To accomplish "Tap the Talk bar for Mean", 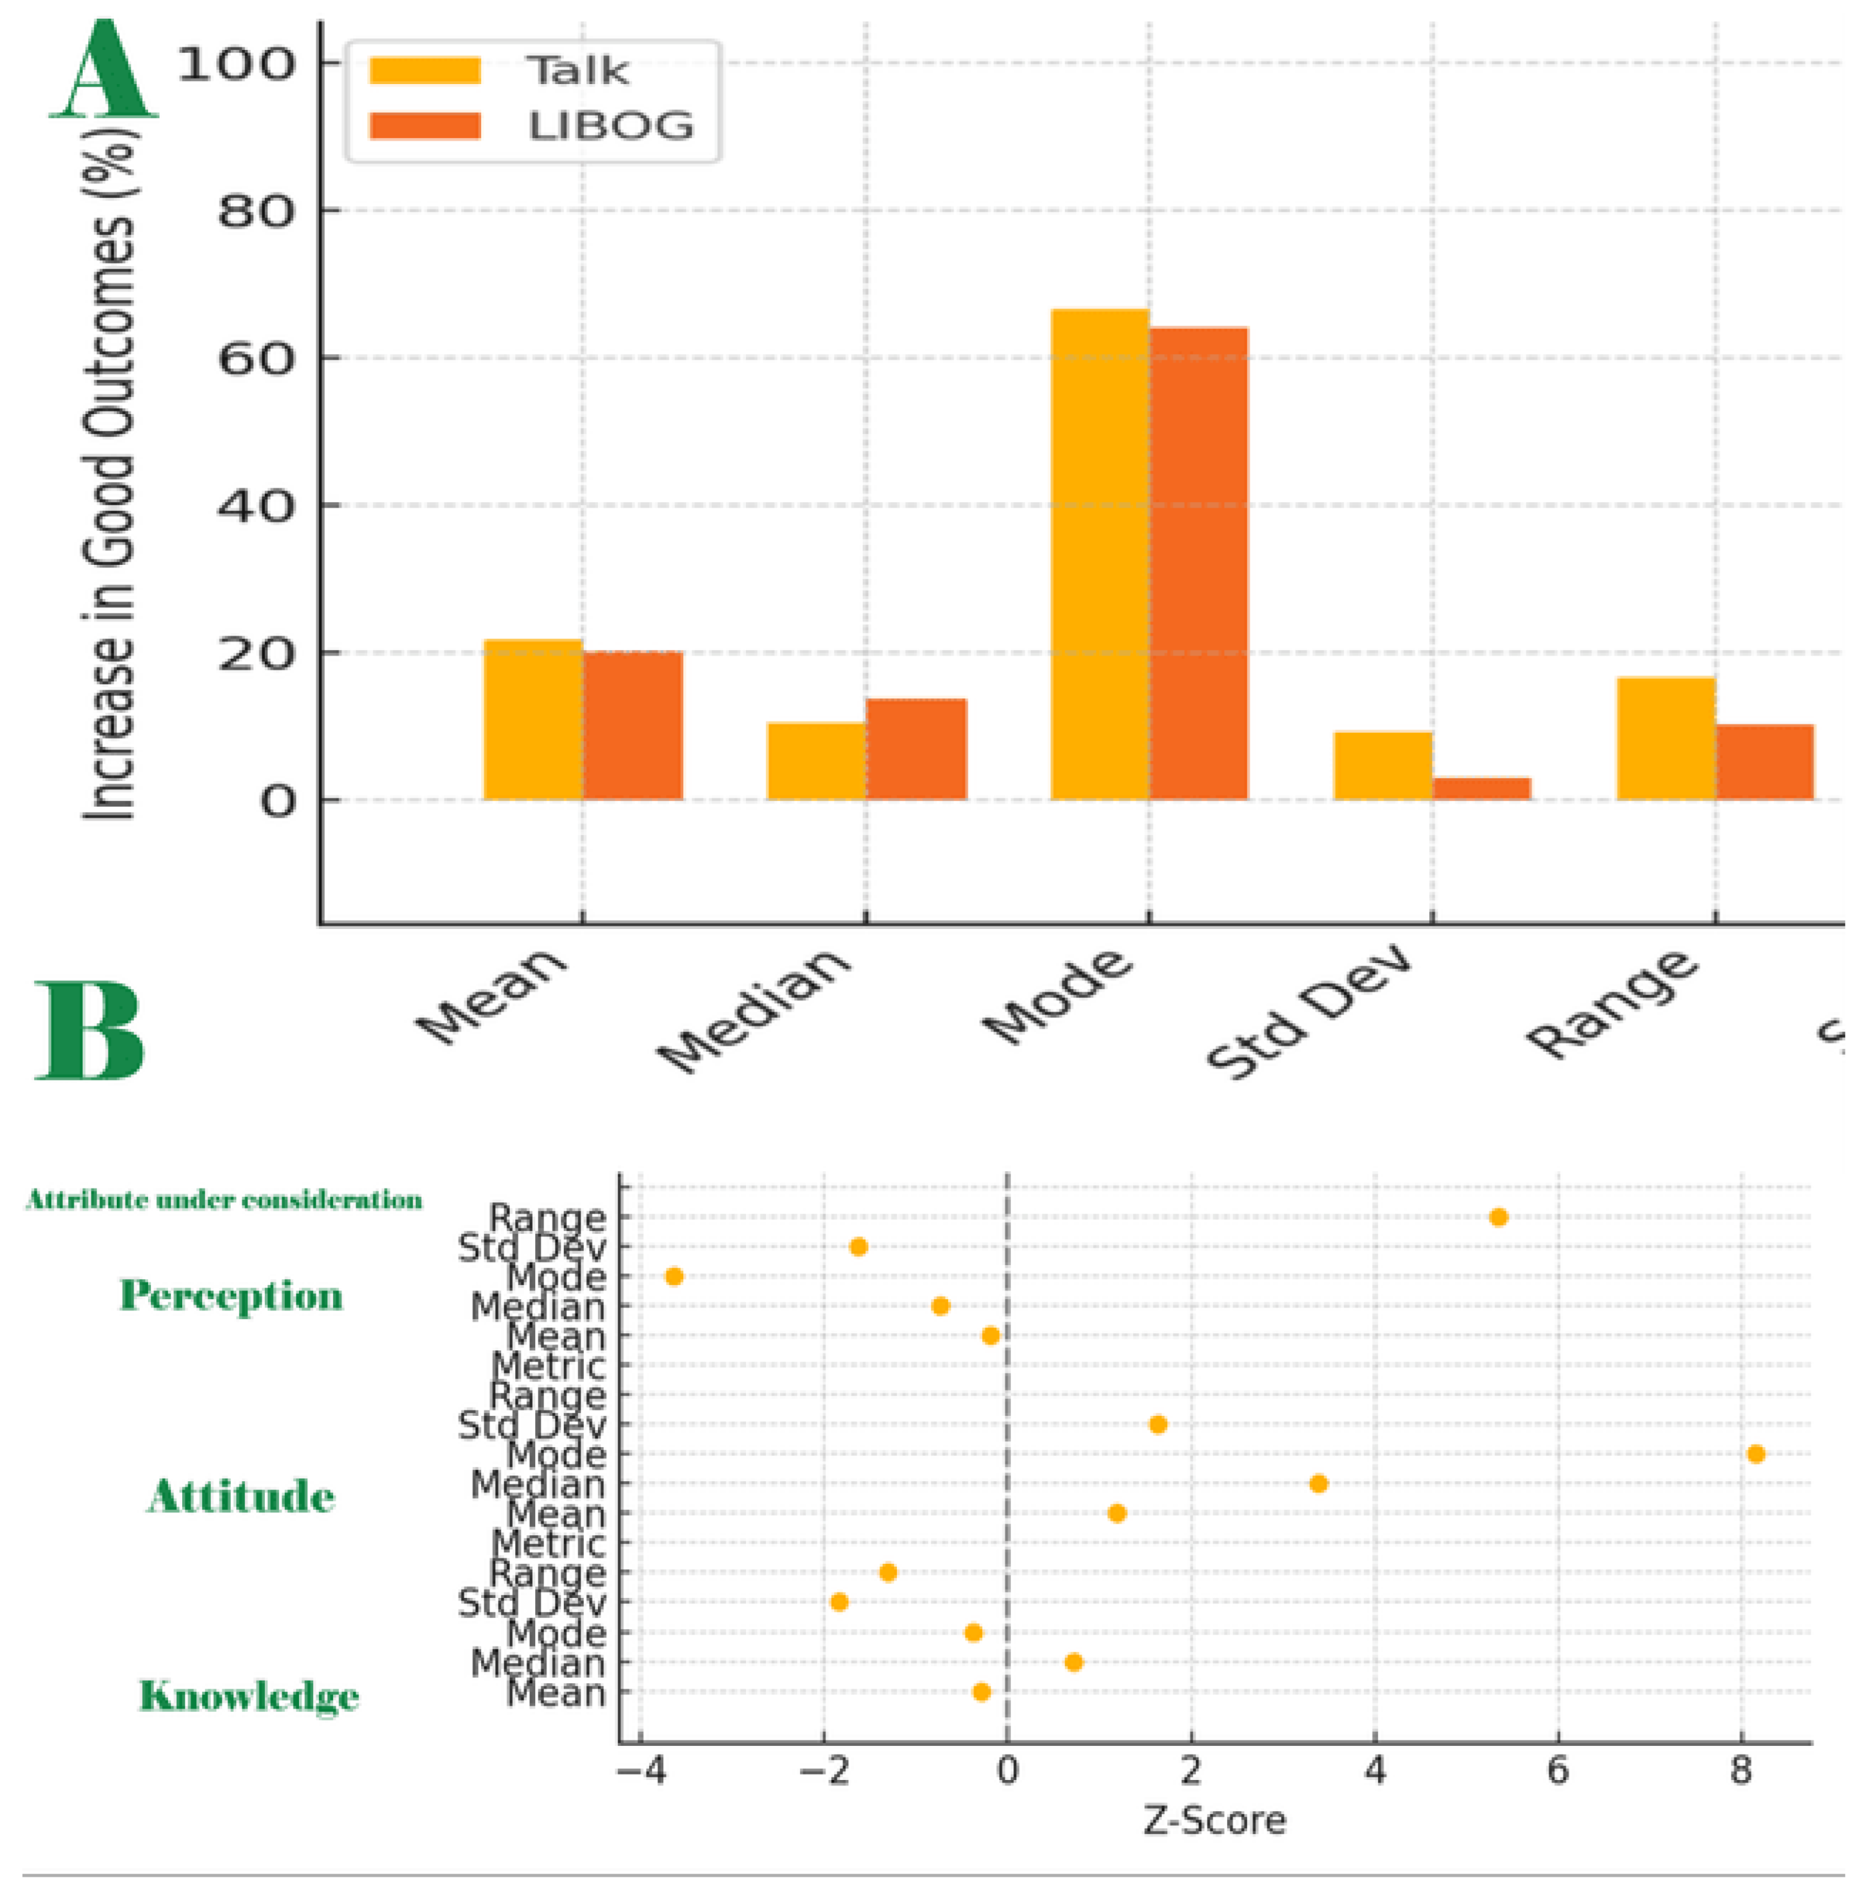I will pos(533,720).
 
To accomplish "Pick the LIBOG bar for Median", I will pos(916,749).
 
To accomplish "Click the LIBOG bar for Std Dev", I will pos(1481,788).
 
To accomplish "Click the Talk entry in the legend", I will pos(576,71).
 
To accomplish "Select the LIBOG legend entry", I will pos(609,125).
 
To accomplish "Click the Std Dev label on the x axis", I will pos(1308,1014).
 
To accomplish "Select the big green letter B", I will pos(90,1030).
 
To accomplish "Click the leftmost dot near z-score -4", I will pos(674,1276).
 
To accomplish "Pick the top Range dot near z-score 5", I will pos(1498,1217).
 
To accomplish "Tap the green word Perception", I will pos(231,1296).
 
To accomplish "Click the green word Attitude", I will pos(241,1497).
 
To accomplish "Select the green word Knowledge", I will pos(249,1696).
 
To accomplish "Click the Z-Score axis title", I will pos(1214,1821).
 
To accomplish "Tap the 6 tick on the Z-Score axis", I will pos(1557,1771).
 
